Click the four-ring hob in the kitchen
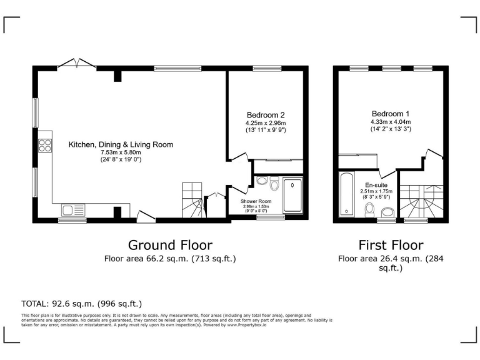click(x=45, y=145)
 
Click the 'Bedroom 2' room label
click(x=266, y=115)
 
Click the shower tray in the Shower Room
click(x=292, y=196)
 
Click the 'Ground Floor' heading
click(x=170, y=244)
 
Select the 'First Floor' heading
click(x=391, y=244)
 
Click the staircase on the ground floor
click(x=193, y=200)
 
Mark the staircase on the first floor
click(x=421, y=201)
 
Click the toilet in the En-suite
click(x=369, y=208)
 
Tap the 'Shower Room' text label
click(x=255, y=201)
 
